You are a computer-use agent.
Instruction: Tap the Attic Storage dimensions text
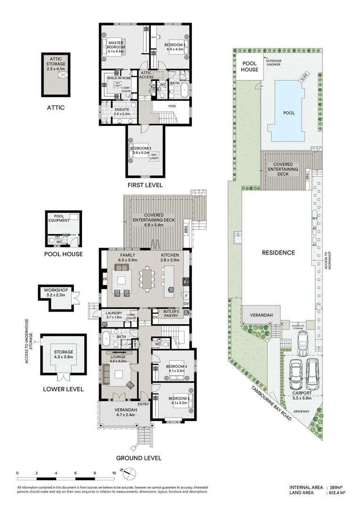tap(56, 69)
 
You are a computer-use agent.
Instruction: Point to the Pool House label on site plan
tap(250, 66)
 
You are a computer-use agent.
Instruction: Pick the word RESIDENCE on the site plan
tap(278, 253)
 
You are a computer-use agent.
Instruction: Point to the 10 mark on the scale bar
tap(114, 473)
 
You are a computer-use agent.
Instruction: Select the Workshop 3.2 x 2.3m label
tap(56, 293)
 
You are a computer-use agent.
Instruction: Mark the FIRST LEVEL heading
tap(145, 185)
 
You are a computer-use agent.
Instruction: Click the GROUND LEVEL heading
tap(139, 458)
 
